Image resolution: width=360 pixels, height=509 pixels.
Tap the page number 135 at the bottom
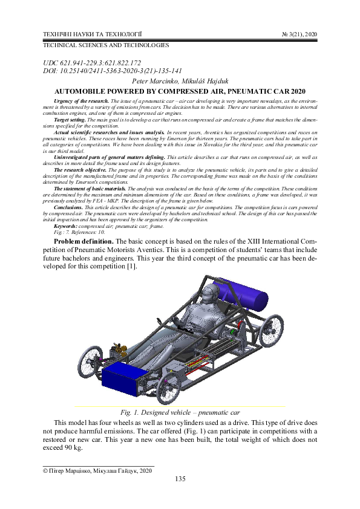[180, 479]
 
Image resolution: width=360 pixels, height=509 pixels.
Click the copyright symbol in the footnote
[44, 470]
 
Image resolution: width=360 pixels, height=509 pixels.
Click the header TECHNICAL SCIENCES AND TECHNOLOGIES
[105, 45]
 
